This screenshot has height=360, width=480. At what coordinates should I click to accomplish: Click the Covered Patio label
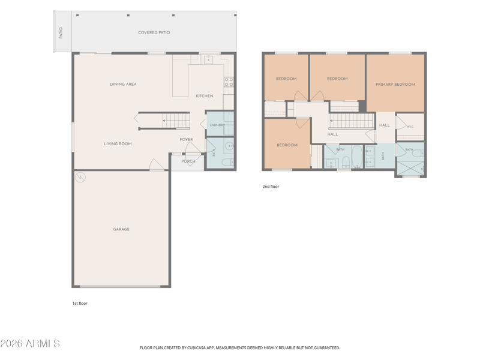pyautogui.click(x=154, y=32)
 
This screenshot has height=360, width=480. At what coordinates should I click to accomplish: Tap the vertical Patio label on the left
pyautogui.click(x=61, y=33)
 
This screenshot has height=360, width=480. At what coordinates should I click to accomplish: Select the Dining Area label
pyautogui.click(x=124, y=84)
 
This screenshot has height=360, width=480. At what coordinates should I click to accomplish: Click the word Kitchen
pyautogui.click(x=205, y=96)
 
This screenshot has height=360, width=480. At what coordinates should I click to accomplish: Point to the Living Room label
pyautogui.click(x=118, y=143)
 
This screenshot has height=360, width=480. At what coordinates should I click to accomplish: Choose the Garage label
pyautogui.click(x=121, y=229)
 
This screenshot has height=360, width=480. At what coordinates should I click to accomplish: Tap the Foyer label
pyautogui.click(x=187, y=140)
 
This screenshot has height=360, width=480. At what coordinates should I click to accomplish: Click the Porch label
pyautogui.click(x=188, y=161)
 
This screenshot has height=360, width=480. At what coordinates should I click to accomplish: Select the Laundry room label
pyautogui.click(x=217, y=125)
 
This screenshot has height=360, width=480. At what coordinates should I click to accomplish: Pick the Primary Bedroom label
pyautogui.click(x=395, y=85)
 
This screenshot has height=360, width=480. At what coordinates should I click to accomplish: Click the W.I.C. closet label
pyautogui.click(x=410, y=127)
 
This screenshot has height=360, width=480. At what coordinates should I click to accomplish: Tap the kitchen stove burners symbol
pyautogui.click(x=229, y=82)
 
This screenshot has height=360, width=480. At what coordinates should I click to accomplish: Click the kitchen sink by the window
pyautogui.click(x=208, y=59)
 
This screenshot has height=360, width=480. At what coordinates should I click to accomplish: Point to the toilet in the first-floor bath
pyautogui.click(x=228, y=162)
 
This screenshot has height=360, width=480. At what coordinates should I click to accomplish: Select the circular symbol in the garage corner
pyautogui.click(x=80, y=177)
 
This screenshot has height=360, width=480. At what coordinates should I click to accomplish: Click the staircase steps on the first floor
pyautogui.click(x=176, y=121)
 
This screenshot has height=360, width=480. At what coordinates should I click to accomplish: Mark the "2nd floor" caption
pyautogui.click(x=271, y=187)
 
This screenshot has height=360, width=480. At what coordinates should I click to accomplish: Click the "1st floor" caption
pyautogui.click(x=80, y=304)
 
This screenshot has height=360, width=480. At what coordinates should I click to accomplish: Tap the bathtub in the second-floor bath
pyautogui.click(x=357, y=157)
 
